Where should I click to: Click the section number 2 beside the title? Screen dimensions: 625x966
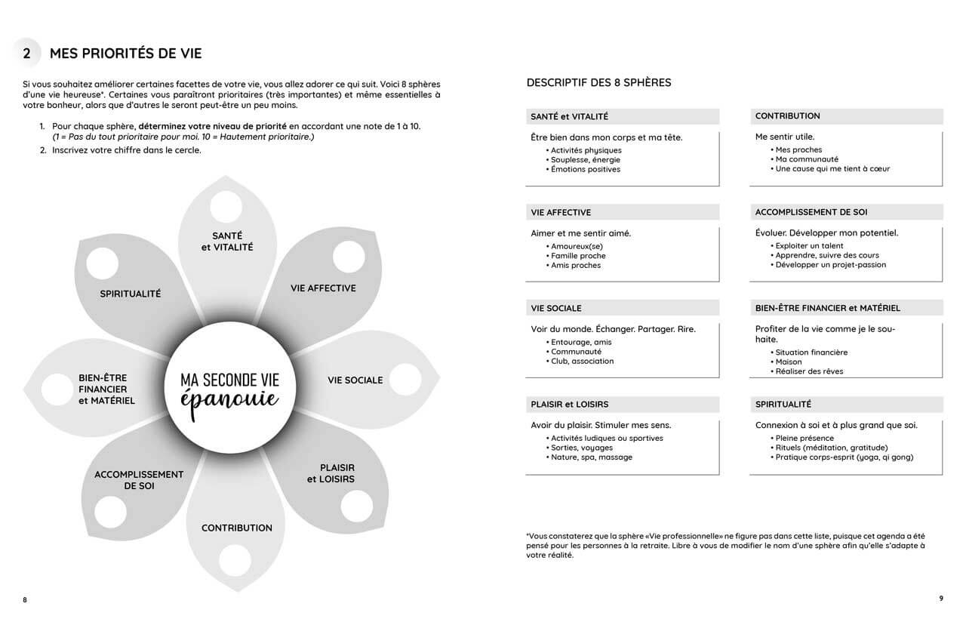pyautogui.click(x=27, y=54)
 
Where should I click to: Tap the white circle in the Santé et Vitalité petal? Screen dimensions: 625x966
pyautogui.click(x=226, y=206)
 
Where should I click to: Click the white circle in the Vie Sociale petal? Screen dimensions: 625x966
pyautogui.click(x=405, y=380)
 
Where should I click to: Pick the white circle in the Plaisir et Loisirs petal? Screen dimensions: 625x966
pyautogui.click(x=356, y=506)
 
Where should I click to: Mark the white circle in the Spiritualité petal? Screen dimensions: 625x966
pyautogui.click(x=103, y=263)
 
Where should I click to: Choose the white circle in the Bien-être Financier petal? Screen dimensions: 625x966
pyautogui.click(x=57, y=389)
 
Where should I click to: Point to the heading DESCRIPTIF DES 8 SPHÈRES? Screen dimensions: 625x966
pyautogui.click(x=598, y=82)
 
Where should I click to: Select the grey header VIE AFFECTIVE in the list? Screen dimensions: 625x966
pyautogui.click(x=561, y=212)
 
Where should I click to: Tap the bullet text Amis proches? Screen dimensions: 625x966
pyautogui.click(x=576, y=266)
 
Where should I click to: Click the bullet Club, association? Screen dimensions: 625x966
pyautogui.click(x=582, y=361)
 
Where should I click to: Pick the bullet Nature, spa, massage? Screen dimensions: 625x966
pyautogui.click(x=592, y=457)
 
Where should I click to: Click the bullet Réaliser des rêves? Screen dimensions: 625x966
pyautogui.click(x=809, y=371)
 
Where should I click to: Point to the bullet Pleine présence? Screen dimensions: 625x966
pyautogui.click(x=804, y=438)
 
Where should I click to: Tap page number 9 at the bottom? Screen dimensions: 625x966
pyautogui.click(x=940, y=599)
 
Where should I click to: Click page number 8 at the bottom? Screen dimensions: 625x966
pyautogui.click(x=25, y=600)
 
